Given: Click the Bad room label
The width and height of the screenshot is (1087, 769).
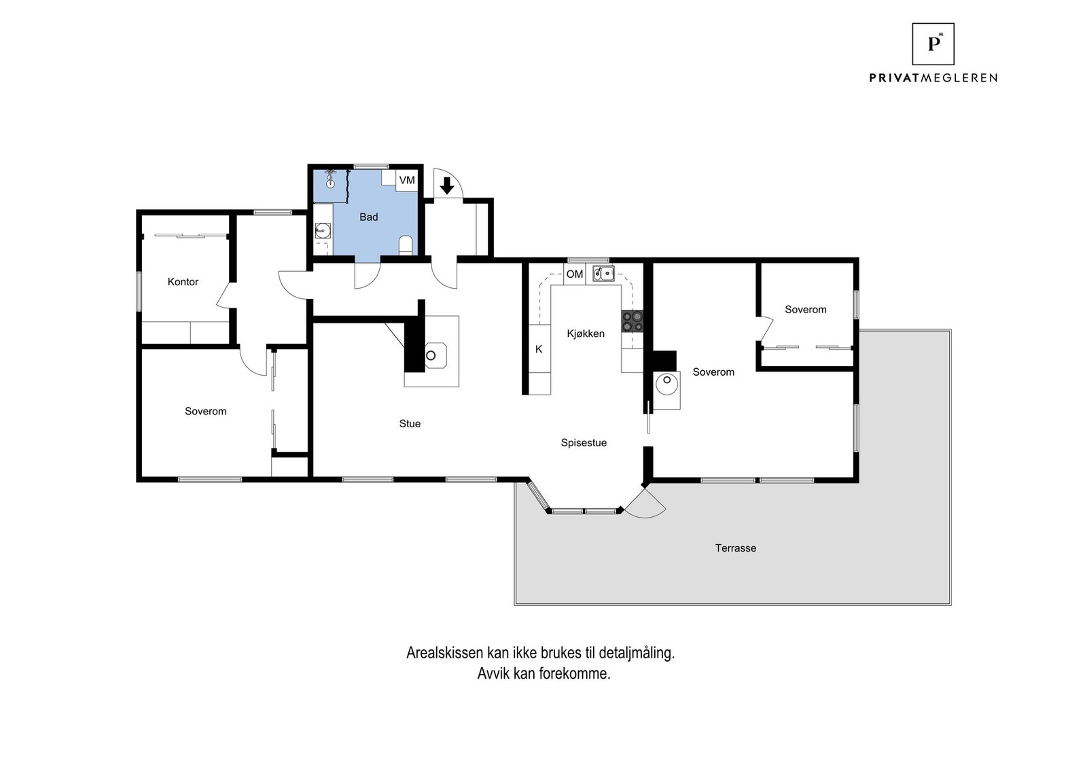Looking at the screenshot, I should (x=368, y=217).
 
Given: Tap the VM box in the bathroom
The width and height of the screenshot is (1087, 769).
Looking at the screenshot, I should (x=407, y=180).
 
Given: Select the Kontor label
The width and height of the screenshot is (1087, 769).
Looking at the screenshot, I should (x=183, y=282).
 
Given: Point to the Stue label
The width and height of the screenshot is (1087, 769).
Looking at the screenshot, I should (x=410, y=424).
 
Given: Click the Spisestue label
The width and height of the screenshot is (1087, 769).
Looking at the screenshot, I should (x=584, y=443).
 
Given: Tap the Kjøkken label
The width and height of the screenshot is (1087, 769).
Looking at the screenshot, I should (x=586, y=334).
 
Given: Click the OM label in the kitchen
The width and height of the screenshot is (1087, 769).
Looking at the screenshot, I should (x=575, y=274).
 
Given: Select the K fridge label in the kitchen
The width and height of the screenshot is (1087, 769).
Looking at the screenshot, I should (x=539, y=349).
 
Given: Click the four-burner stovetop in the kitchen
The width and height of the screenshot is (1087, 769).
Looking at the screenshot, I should (x=632, y=321).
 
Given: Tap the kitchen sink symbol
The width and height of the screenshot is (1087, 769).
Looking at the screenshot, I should (x=603, y=274).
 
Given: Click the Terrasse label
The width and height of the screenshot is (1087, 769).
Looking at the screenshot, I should (x=735, y=548).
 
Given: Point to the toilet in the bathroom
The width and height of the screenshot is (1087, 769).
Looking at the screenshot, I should (x=406, y=244).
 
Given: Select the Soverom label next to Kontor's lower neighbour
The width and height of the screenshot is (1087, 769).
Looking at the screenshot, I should (x=205, y=412).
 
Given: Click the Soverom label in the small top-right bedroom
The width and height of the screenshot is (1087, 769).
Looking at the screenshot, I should (x=806, y=310).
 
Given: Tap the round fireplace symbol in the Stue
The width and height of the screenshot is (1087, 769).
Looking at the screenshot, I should (x=431, y=355).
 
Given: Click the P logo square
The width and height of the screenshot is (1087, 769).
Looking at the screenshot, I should (x=933, y=44).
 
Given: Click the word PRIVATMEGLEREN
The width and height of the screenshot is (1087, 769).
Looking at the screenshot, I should (x=933, y=78).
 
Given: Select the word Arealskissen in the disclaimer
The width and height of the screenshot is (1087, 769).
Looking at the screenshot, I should (x=444, y=654).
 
